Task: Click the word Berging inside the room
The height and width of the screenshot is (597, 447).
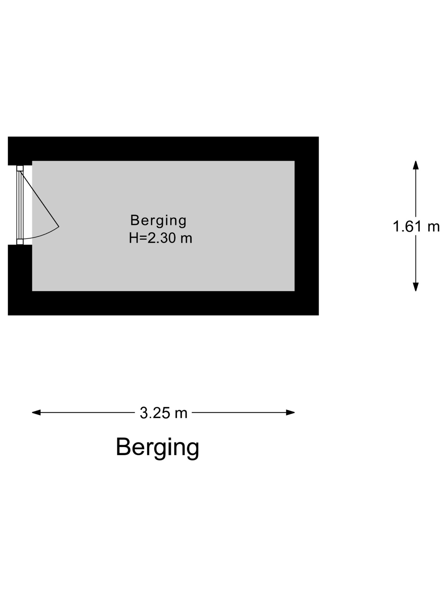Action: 158,221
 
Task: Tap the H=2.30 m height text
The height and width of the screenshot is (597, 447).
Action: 160,238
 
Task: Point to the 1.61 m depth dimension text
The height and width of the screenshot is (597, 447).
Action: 416,226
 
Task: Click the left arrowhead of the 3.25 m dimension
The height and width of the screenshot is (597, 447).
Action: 36,412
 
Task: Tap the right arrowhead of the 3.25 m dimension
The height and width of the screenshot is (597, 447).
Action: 290,412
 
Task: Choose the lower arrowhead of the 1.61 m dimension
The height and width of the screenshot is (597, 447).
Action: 416,287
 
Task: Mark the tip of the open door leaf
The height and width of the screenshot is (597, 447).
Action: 59,227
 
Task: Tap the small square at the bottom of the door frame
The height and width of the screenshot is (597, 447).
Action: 20,242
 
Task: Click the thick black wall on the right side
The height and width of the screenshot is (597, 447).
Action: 307,226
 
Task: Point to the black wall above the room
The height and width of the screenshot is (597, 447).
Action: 163,149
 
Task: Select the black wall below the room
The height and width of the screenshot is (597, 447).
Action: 163,303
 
